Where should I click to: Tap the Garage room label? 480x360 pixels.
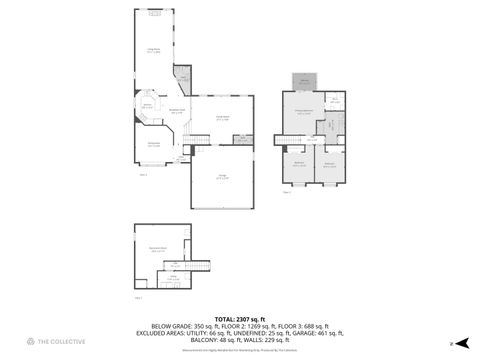coord(222,177)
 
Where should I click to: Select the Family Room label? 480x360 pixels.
coord(212,118)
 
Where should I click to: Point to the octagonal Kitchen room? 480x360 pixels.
coord(147,106)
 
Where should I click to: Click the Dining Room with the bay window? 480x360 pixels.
coord(154,145)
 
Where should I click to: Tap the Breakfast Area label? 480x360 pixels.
coord(176,111)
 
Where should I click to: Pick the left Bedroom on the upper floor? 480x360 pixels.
coord(299,163)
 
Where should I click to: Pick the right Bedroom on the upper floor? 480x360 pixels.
coord(330,163)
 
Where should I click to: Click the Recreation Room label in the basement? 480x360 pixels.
coord(158,249)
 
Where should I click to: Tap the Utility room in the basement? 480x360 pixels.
coord(173,279)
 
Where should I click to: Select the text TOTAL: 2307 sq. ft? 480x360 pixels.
coord(239,318)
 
